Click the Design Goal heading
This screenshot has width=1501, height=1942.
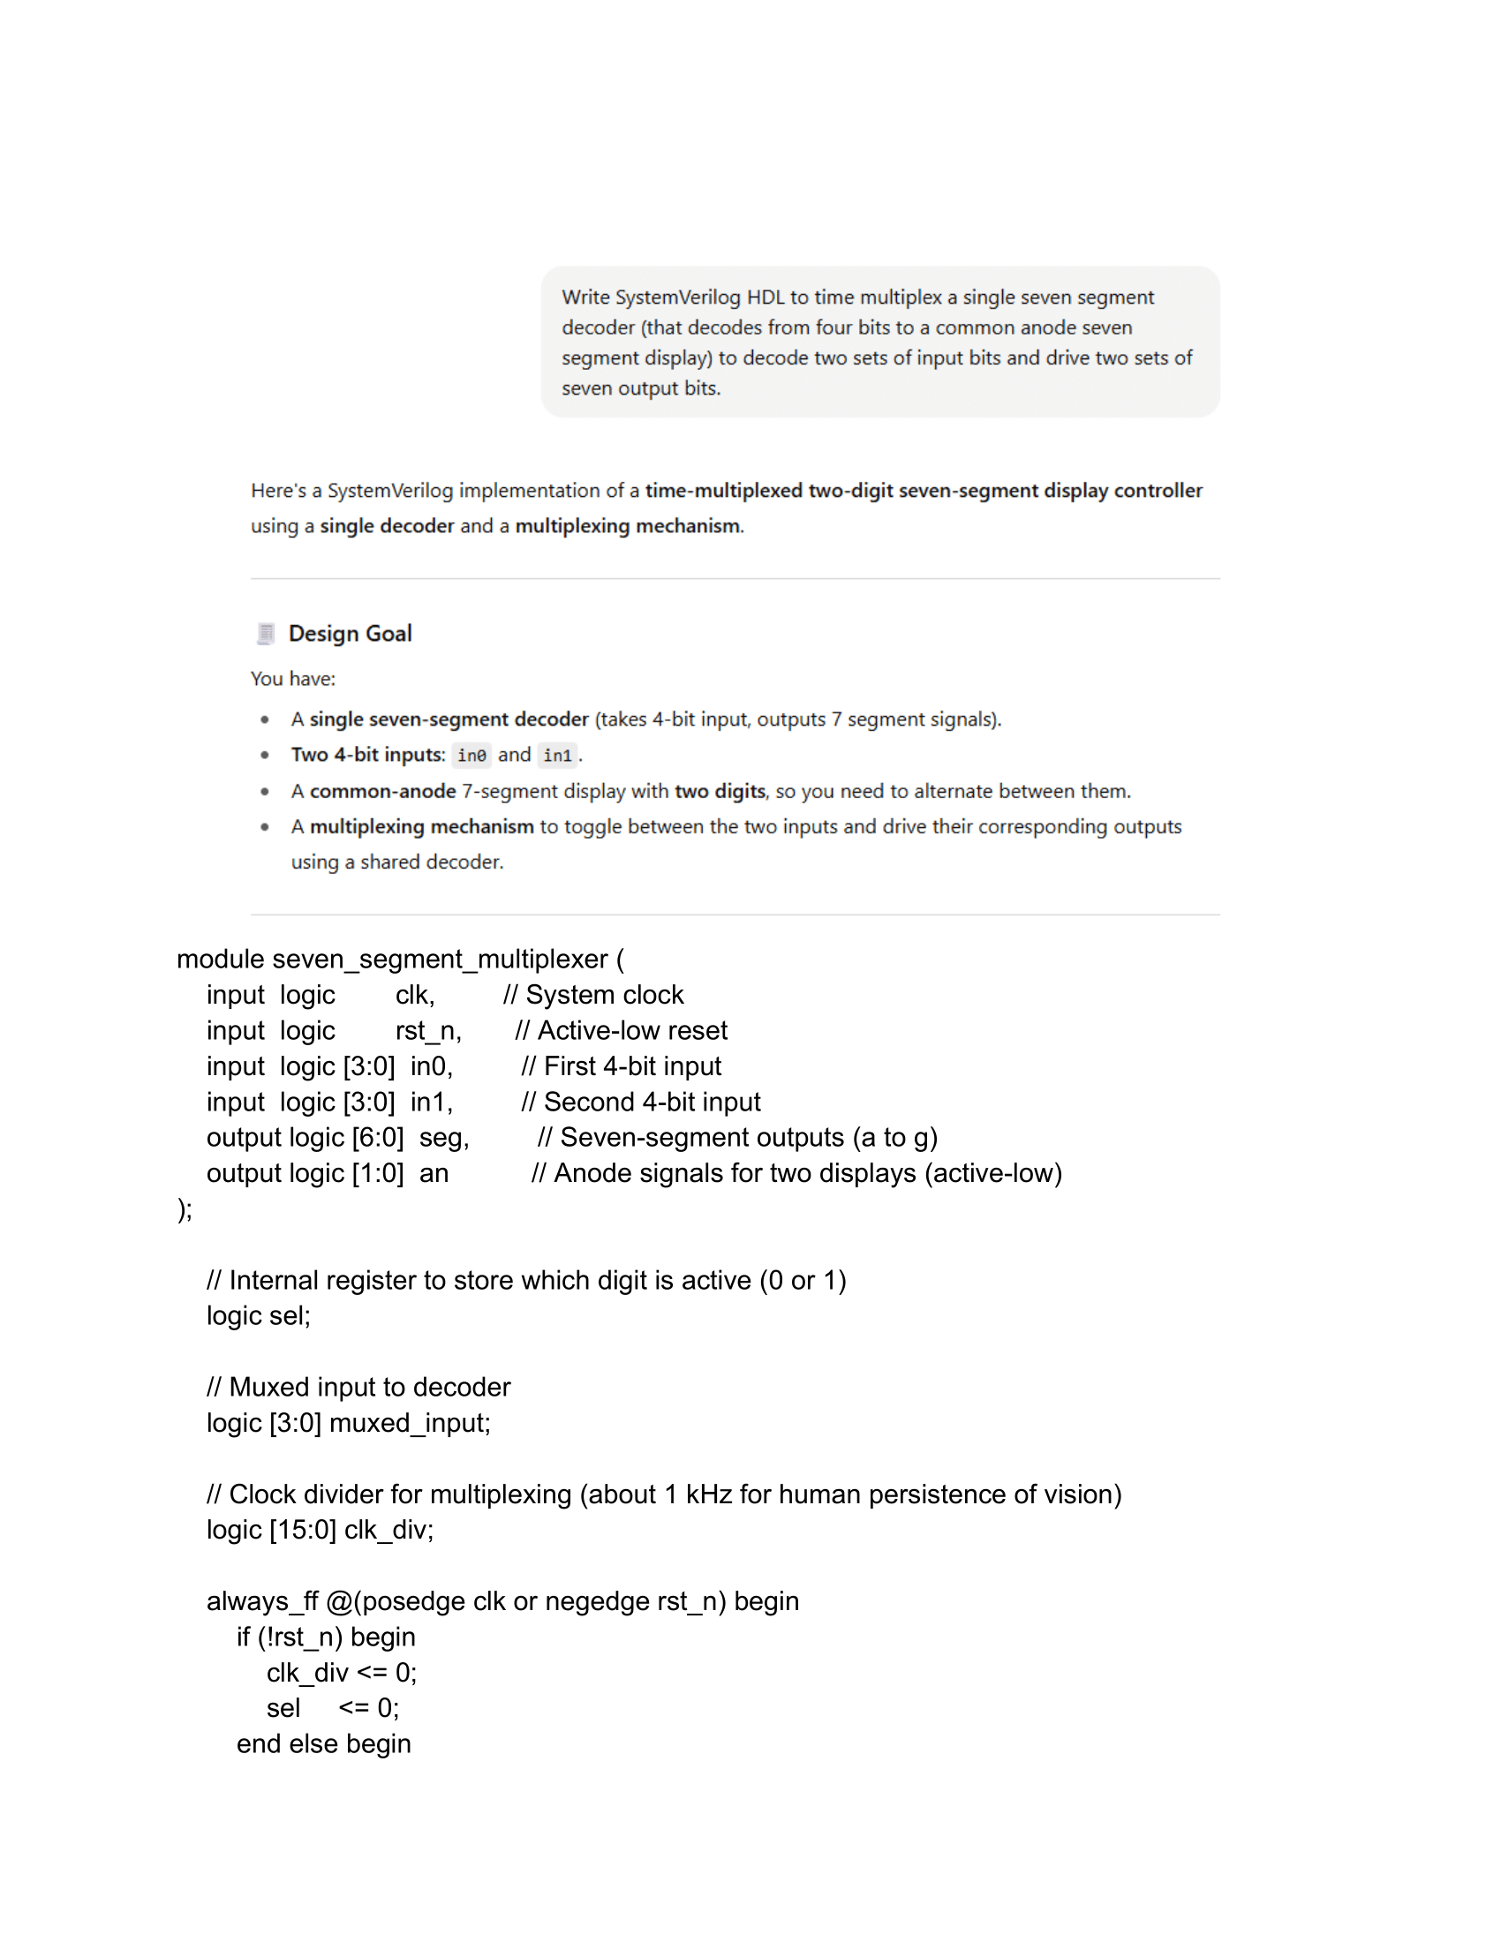350,633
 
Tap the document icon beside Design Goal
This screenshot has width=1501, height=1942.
265,633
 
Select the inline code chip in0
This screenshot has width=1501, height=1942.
471,755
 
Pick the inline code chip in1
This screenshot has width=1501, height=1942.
557,755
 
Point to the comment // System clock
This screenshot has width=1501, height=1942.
593,994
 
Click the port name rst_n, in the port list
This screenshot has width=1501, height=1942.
428,1029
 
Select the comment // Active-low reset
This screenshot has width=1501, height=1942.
621,1029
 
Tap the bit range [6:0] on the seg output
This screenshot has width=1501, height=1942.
378,1137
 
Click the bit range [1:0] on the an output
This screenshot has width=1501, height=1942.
378,1173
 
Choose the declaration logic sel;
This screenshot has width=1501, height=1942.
258,1315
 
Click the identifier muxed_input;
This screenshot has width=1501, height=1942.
410,1423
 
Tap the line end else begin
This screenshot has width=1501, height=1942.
324,1743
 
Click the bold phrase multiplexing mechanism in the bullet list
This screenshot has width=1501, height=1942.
421,826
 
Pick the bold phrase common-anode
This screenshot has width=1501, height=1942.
382,791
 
